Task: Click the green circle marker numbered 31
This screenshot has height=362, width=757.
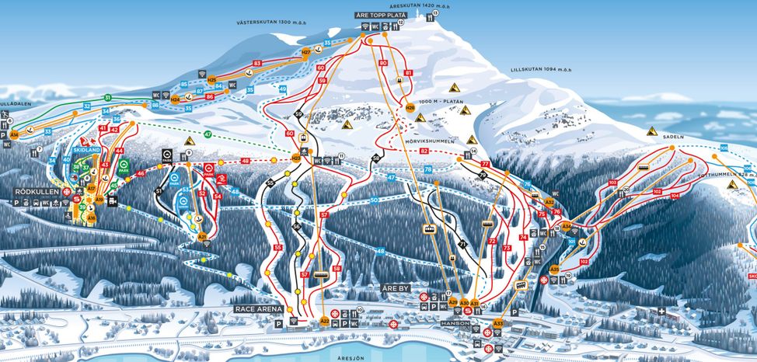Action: coord(108,97)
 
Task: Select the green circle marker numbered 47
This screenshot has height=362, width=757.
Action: coord(208,134)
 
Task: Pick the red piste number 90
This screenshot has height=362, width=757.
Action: coord(382,62)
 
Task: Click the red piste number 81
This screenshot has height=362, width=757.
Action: coord(408,72)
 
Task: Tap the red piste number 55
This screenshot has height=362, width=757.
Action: coord(277,247)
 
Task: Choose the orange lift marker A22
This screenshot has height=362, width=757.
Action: coord(325,320)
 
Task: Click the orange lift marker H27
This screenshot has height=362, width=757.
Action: coord(306,52)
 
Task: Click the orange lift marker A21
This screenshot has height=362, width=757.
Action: coord(202,236)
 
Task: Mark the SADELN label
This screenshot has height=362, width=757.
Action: coord(673,135)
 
